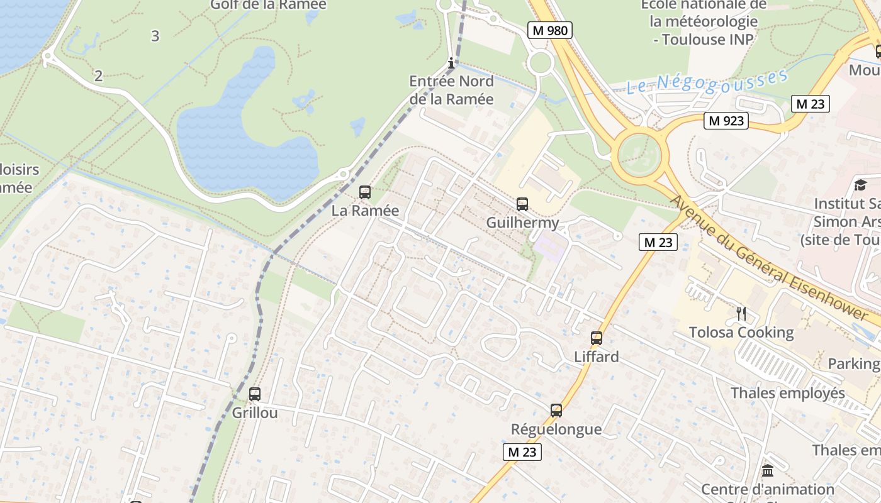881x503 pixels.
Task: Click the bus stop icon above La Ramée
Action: [x=364, y=192]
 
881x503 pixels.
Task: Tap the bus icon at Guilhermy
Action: [x=522, y=204]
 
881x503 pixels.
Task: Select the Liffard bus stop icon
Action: [x=596, y=338]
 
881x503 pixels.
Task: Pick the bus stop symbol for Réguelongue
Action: [x=556, y=411]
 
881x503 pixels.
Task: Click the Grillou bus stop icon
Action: [x=254, y=394]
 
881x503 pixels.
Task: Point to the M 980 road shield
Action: [x=549, y=30]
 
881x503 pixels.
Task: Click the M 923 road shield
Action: [x=726, y=121]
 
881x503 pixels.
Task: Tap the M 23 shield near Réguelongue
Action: [x=522, y=451]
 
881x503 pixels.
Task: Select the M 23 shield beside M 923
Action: [x=809, y=104]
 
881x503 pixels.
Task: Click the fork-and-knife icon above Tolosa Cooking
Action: [x=741, y=313]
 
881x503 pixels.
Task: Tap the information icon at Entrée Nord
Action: [x=451, y=63]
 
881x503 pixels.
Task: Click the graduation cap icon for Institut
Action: [x=860, y=185]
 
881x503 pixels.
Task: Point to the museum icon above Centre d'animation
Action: [x=767, y=470]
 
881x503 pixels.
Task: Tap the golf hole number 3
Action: [x=155, y=36]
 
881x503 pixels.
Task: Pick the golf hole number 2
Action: [x=98, y=76]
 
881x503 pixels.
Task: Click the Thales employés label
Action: [x=787, y=394]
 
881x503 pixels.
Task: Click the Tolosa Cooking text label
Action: [x=741, y=333]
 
